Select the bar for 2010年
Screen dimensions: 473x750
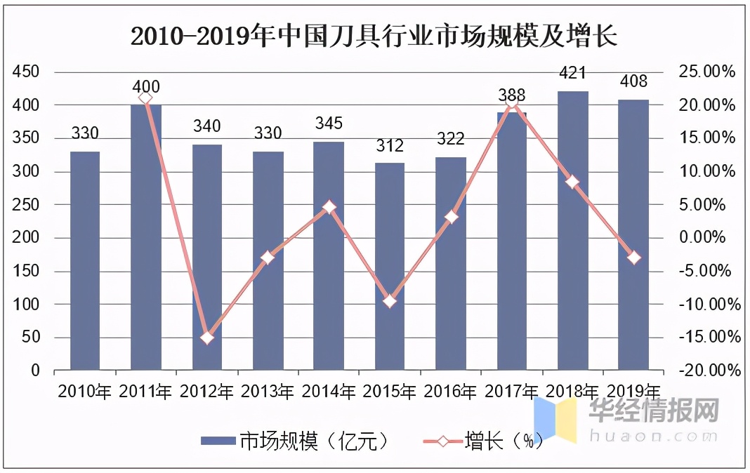(85, 260)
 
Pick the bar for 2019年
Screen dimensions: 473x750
(633, 235)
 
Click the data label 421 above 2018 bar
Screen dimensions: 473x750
(572, 73)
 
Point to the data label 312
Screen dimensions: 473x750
(390, 146)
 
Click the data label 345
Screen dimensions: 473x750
(329, 124)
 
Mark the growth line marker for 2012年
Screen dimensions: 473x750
(206, 338)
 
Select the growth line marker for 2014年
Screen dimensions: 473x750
(329, 207)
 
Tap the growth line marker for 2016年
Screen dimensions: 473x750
(451, 217)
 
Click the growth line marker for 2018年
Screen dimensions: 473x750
(572, 182)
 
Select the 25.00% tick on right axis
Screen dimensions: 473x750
(706, 72)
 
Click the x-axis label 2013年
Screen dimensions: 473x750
(268, 391)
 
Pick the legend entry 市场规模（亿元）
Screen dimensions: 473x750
(295, 441)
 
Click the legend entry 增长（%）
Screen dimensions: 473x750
(485, 441)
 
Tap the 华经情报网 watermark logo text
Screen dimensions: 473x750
(654, 411)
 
